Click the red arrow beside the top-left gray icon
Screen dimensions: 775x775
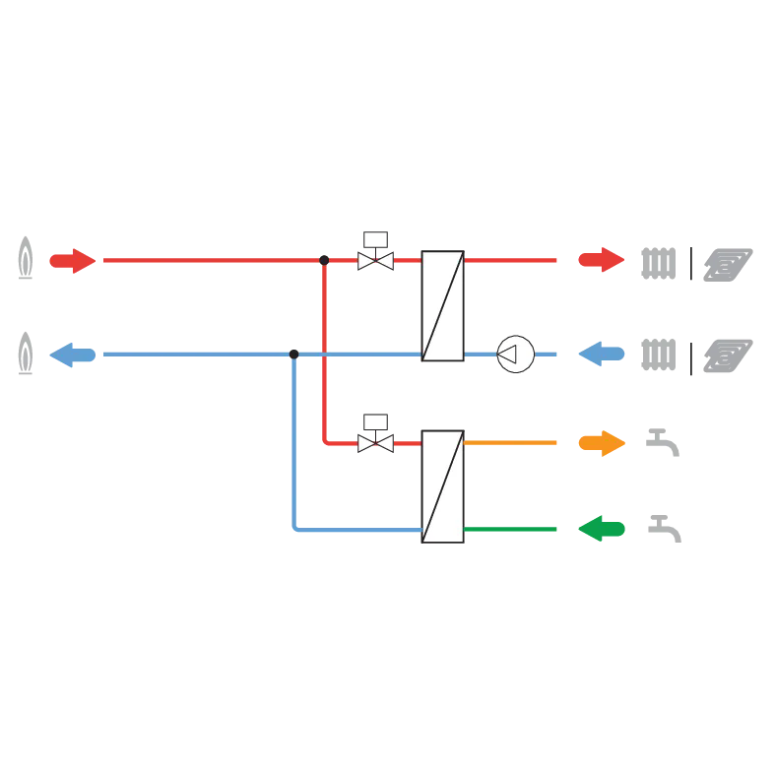72,260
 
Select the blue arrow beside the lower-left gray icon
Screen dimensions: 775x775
72,353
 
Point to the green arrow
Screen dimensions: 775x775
601,530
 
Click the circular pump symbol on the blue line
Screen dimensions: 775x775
515,354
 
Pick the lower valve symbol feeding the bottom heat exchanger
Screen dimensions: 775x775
375,443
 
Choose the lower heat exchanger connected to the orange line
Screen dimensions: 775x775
442,485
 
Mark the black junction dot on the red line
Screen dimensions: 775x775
323,260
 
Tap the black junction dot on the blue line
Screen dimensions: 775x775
293,353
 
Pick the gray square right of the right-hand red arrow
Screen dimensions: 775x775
658,263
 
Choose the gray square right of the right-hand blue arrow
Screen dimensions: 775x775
658,358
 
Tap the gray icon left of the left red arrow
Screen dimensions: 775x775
28,258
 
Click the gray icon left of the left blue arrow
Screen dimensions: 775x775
28,355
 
